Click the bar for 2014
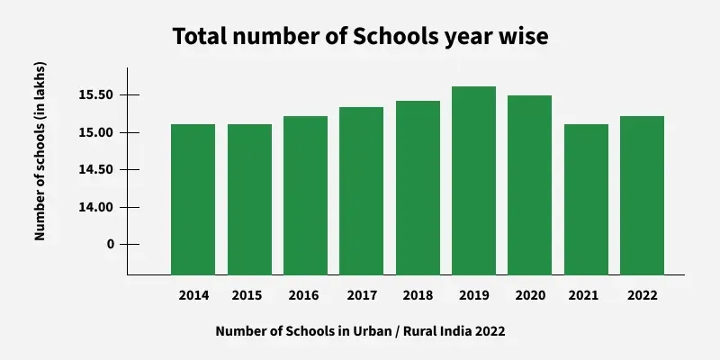pyautogui.click(x=193, y=199)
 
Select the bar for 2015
pyautogui.click(x=249, y=199)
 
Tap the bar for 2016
pyautogui.click(x=305, y=195)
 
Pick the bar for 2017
pyautogui.click(x=361, y=191)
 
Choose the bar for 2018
pyautogui.click(x=418, y=187)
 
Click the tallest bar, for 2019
pyautogui.click(x=473, y=180)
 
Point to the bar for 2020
pyautogui.click(x=529, y=184)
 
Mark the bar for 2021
pyautogui.click(x=586, y=199)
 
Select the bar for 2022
pyautogui.click(x=642, y=195)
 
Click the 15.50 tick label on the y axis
pyautogui.click(x=95, y=95)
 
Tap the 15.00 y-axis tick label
pyautogui.click(x=95, y=133)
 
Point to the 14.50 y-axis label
pyautogui.click(x=95, y=170)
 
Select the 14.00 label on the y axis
pyautogui.click(x=95, y=208)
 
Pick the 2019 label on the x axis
pyautogui.click(x=473, y=295)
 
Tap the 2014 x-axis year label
pyautogui.click(x=193, y=295)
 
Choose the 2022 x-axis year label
pyautogui.click(x=642, y=295)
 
